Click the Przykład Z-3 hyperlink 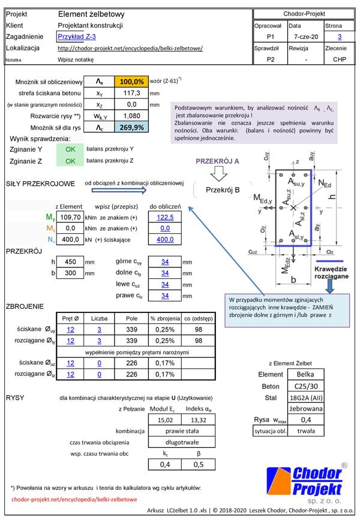[x=77, y=37]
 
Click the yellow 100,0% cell [x=131, y=82]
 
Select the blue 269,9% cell [x=131, y=127]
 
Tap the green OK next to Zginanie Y [x=70, y=149]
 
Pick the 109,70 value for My [x=70, y=217]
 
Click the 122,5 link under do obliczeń [x=165, y=217]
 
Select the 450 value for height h [x=70, y=262]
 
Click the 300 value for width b [x=70, y=273]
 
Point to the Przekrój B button [x=223, y=190]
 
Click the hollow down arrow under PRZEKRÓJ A [x=219, y=173]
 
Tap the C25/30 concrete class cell [x=306, y=386]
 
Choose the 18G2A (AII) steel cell [x=306, y=397]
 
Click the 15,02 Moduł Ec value [x=165, y=420]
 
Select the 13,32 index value [x=199, y=420]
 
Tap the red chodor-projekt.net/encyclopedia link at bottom [x=74, y=499]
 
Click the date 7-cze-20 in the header [x=306, y=37]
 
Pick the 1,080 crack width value [x=131, y=116]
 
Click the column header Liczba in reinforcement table [x=99, y=318]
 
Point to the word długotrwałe [x=182, y=442]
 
